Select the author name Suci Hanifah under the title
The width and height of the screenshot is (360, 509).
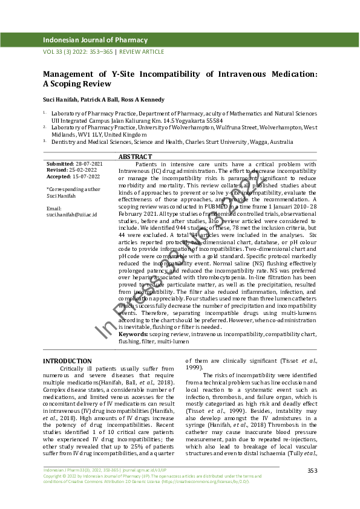pos(59,99)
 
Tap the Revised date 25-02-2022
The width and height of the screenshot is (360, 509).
pos(85,170)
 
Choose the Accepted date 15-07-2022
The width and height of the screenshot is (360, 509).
pos(88,177)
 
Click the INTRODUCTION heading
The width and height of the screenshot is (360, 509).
pos(67,361)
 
